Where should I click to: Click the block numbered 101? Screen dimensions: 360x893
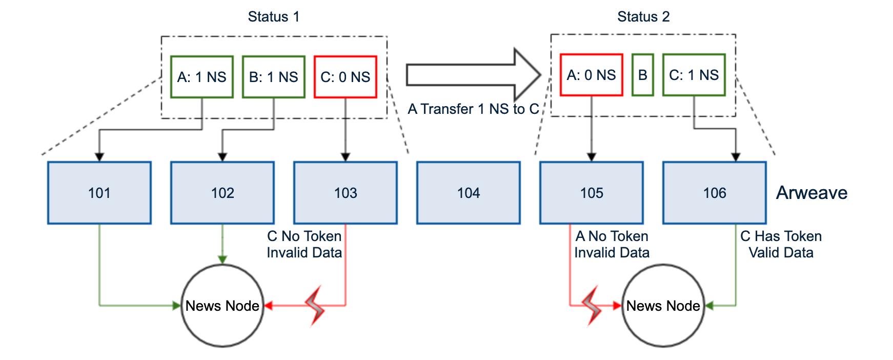click(99, 193)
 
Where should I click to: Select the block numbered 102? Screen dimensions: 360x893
click(222, 193)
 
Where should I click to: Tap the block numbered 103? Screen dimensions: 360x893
click(345, 193)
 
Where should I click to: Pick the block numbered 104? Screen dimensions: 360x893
click(468, 193)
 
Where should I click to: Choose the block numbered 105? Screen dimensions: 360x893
click(591, 193)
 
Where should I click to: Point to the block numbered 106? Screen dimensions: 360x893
click(714, 193)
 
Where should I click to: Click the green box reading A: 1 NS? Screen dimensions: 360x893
click(201, 77)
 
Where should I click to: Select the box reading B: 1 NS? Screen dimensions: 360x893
click(273, 77)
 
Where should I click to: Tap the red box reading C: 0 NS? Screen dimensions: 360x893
click(345, 77)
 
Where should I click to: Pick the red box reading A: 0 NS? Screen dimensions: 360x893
click(591, 75)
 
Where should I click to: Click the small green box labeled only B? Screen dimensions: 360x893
click(642, 75)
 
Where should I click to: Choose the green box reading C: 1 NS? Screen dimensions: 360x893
click(694, 75)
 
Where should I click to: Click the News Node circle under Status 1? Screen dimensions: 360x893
click(222, 306)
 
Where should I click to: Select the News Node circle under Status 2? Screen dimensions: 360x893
click(663, 306)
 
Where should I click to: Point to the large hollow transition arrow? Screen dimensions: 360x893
click(472, 75)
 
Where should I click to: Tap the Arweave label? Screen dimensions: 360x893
click(811, 193)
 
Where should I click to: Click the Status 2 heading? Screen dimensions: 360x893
click(643, 17)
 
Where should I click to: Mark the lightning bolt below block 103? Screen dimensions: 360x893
click(316, 306)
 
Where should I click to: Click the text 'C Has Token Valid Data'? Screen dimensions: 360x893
click(781, 244)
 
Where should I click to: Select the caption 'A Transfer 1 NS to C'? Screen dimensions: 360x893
click(473, 109)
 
